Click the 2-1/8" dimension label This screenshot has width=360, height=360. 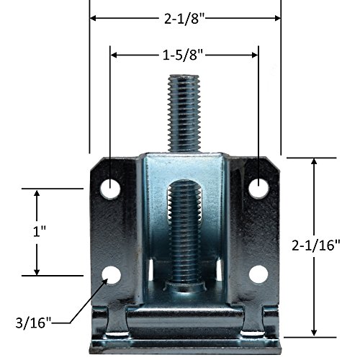(x=184, y=18)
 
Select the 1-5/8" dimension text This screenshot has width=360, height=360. (x=183, y=55)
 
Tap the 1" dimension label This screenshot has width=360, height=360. (x=39, y=232)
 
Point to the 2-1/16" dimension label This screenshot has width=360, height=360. (x=316, y=246)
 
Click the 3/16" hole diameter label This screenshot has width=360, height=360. (x=34, y=323)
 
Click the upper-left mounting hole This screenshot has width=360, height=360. (x=110, y=189)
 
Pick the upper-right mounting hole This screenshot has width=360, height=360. (x=258, y=189)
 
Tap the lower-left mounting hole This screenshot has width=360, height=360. (x=111, y=275)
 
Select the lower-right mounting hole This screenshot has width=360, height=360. (x=258, y=274)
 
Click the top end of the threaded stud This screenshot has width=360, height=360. (x=184, y=76)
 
